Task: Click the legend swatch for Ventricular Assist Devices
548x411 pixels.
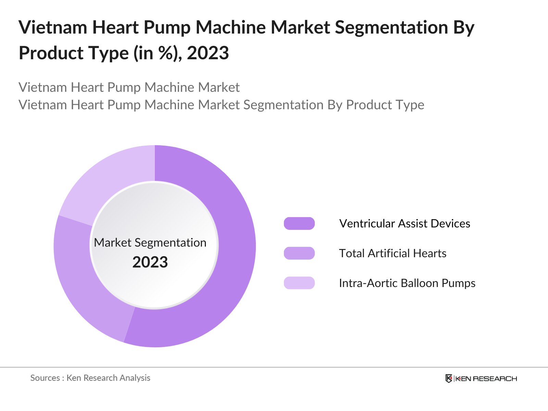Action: (x=299, y=223)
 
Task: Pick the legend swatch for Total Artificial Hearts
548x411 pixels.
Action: (x=299, y=253)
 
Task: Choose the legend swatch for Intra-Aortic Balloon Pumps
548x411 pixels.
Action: (x=299, y=283)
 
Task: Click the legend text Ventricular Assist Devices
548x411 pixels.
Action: (x=404, y=223)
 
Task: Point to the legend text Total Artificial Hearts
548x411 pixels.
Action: (x=393, y=253)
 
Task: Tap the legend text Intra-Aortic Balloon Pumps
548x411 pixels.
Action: (x=407, y=283)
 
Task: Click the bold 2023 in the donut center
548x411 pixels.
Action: (x=150, y=262)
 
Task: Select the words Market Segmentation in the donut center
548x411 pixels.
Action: (x=150, y=242)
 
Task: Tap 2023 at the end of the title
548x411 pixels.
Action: (x=208, y=53)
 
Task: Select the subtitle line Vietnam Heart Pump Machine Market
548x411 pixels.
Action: (x=129, y=87)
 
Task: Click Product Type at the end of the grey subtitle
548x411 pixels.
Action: (x=385, y=105)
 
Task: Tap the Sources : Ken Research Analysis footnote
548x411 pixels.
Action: (x=90, y=378)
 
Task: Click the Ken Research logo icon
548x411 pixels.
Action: (x=449, y=378)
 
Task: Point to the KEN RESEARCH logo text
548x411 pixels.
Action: (x=486, y=378)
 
